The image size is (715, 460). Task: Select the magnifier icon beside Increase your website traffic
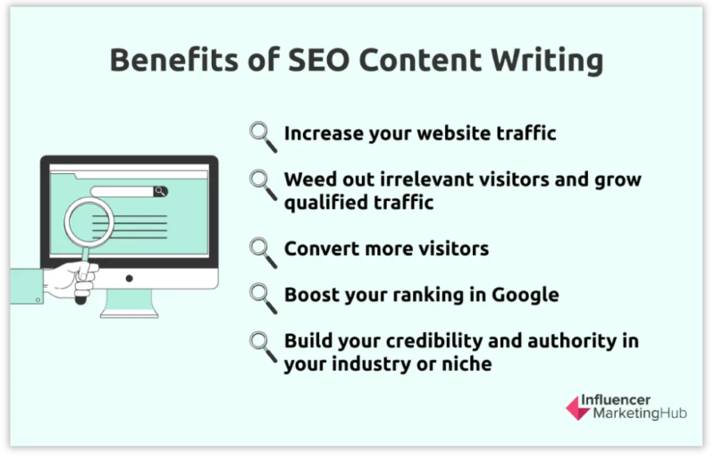(x=262, y=134)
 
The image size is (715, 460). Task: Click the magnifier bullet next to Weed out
(x=262, y=181)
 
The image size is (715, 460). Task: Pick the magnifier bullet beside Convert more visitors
(x=262, y=249)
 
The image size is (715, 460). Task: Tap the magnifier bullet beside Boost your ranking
(x=262, y=295)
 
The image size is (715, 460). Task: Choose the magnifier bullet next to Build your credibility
(x=262, y=343)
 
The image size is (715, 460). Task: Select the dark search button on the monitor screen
(x=160, y=191)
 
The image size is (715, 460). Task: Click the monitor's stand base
(x=130, y=312)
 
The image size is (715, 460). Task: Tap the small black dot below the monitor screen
(x=130, y=279)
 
